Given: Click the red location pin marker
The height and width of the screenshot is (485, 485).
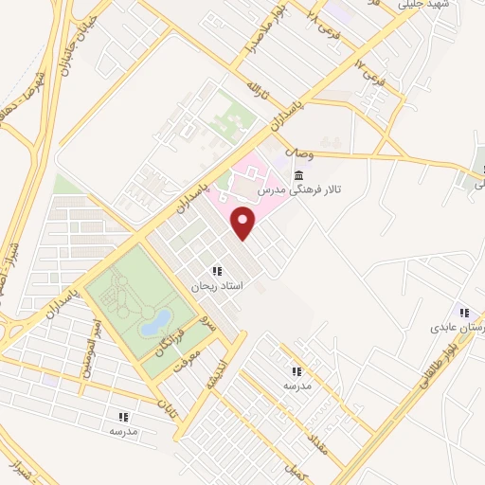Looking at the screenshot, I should [x=245, y=224].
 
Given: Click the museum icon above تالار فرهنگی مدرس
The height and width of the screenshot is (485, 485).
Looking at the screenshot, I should [x=299, y=175].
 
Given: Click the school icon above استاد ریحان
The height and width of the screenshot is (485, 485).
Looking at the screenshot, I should [x=218, y=271].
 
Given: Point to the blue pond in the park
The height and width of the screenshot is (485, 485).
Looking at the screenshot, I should [x=154, y=323].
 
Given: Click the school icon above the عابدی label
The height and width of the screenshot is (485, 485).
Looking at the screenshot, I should [x=463, y=312].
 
